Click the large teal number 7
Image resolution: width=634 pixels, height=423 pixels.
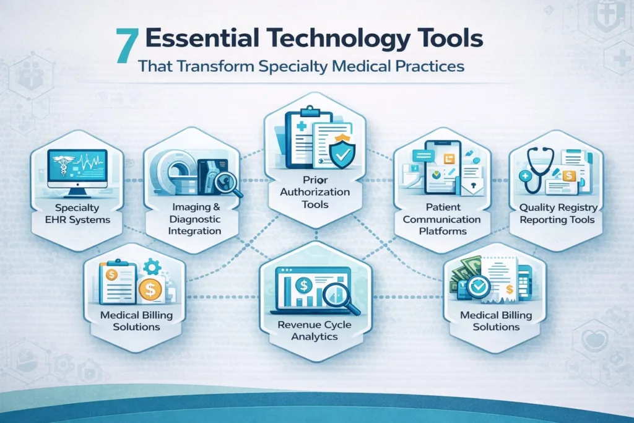127,46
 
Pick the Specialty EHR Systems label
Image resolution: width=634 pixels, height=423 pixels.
77,214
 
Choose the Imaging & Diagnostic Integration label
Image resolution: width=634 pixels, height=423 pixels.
194,219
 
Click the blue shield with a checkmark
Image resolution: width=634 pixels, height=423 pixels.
342,151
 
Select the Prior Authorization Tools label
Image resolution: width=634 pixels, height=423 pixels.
315,192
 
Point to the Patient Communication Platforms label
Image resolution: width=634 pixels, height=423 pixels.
442,219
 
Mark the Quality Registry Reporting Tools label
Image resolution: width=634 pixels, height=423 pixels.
558,214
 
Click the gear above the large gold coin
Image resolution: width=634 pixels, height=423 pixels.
152,267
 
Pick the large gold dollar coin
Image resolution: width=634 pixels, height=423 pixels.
150,290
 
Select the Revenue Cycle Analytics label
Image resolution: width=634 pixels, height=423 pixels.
315,331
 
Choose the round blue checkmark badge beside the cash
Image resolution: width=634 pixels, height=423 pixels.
479,287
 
